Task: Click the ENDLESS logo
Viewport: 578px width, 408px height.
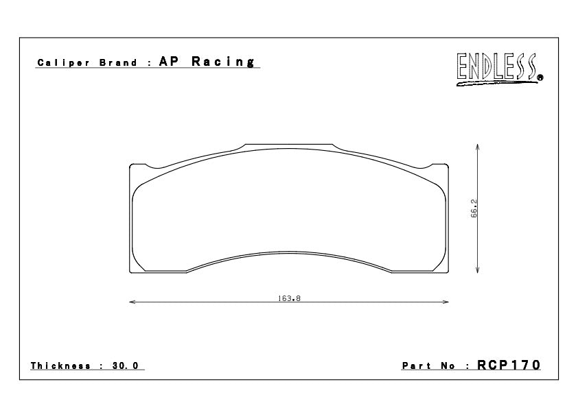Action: point(499,69)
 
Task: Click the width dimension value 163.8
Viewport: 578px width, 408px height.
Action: point(290,298)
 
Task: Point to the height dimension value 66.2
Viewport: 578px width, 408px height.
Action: point(474,208)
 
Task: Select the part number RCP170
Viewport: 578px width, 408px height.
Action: point(509,365)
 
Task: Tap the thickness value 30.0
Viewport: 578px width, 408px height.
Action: point(126,365)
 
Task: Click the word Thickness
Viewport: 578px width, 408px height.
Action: point(60,365)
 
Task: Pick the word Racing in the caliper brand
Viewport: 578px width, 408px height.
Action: point(223,62)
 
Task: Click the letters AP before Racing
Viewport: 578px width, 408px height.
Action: point(169,61)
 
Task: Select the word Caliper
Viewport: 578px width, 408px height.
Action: point(63,62)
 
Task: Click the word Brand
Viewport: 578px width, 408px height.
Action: point(118,62)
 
